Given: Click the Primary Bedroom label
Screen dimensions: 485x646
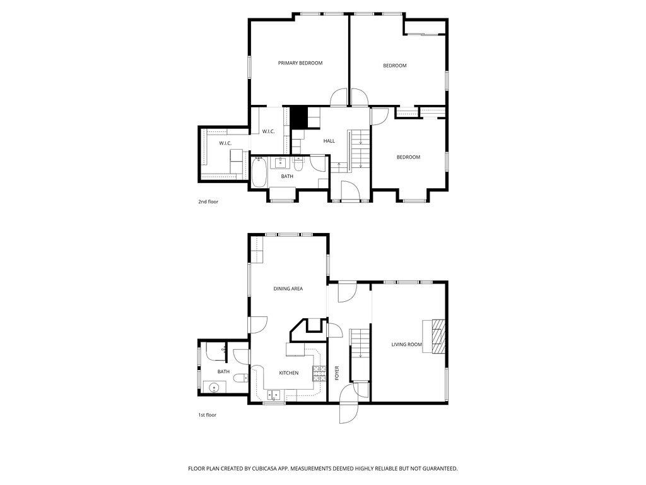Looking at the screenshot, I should pyautogui.click(x=300, y=63).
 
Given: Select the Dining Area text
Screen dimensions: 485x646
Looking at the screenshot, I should pyautogui.click(x=288, y=289).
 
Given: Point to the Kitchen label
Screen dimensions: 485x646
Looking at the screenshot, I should pyautogui.click(x=289, y=373).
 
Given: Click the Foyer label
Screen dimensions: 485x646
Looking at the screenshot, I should pyautogui.click(x=337, y=373).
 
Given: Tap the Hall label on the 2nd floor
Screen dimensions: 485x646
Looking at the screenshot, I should pyautogui.click(x=329, y=141).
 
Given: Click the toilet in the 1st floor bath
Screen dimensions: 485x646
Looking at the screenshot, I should pyautogui.click(x=239, y=378).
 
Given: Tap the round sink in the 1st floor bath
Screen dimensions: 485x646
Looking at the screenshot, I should pyautogui.click(x=214, y=388).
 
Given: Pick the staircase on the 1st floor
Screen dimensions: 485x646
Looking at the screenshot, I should pyautogui.click(x=359, y=344).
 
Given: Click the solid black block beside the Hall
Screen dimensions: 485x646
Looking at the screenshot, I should pyautogui.click(x=298, y=117).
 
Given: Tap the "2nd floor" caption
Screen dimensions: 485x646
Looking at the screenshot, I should pyautogui.click(x=208, y=202).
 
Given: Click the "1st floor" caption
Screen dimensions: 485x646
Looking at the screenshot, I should pyautogui.click(x=207, y=415).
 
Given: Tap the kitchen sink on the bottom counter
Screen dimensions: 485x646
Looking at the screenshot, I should pyautogui.click(x=274, y=396).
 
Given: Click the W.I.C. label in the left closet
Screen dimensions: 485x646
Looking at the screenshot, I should pyautogui.click(x=225, y=143).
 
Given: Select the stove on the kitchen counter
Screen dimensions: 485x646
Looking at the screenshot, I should pyautogui.click(x=319, y=373).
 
